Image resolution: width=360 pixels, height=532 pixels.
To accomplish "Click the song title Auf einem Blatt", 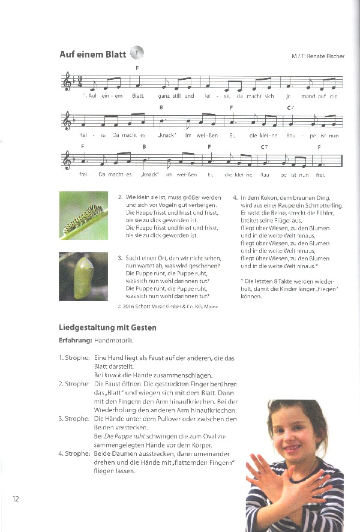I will click(x=92, y=55).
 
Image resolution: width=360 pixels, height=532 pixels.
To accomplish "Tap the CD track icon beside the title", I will click(x=137, y=54).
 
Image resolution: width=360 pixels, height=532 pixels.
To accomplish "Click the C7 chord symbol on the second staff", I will click(x=290, y=107).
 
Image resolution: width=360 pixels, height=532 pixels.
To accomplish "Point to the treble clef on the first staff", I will click(x=67, y=81).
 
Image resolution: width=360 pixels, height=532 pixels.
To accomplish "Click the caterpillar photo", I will click(x=83, y=215).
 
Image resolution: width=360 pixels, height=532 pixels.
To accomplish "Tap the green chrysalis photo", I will click(x=83, y=276).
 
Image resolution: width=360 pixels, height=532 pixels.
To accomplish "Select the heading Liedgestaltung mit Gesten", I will click(x=107, y=327).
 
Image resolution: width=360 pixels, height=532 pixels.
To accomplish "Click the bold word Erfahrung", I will click(x=75, y=340).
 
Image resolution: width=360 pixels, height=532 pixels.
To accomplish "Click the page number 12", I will click(x=16, y=498).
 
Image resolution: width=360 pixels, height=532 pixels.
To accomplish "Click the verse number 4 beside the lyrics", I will click(x=235, y=197).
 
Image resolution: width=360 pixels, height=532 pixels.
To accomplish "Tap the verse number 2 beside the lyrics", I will click(x=120, y=197).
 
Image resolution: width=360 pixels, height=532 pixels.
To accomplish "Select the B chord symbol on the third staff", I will click(x=145, y=146).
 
